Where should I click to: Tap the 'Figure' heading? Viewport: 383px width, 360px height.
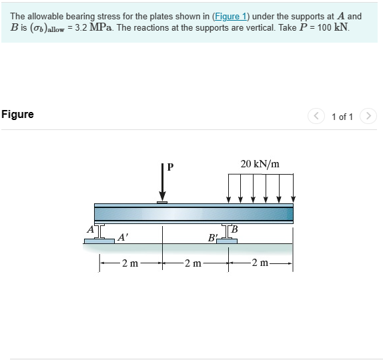[18, 114]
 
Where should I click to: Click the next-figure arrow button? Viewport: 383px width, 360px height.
[368, 116]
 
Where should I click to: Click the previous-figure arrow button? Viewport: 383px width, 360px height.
[316, 116]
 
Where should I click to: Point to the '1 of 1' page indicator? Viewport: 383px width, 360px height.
[342, 117]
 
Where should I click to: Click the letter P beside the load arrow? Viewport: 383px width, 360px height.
[170, 167]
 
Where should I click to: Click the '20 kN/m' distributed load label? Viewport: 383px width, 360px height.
[260, 164]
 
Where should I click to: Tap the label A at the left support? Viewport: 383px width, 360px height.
[89, 230]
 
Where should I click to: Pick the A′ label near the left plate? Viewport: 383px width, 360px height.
[123, 236]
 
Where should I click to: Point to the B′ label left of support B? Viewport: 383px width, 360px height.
[213, 237]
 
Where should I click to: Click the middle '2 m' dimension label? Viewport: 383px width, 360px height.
[194, 263]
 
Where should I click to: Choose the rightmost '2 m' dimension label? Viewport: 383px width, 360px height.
[260, 263]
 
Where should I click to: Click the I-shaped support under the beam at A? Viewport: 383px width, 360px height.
[99, 233]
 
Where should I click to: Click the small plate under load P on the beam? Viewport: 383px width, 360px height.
[161, 202]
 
